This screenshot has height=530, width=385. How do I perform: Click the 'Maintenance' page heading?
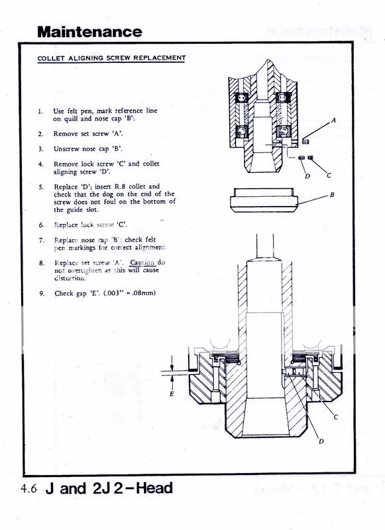(x=89, y=32)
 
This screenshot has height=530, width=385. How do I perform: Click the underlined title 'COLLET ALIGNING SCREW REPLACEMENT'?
(x=111, y=58)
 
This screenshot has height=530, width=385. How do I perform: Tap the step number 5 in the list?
(x=41, y=187)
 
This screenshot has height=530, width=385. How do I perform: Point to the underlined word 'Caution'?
(x=142, y=262)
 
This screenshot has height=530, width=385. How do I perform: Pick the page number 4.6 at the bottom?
(x=29, y=489)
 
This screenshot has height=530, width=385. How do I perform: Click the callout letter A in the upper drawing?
(x=333, y=120)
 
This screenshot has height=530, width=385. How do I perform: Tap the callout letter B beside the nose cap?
(x=332, y=195)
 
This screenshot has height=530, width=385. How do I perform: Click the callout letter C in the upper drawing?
(x=329, y=175)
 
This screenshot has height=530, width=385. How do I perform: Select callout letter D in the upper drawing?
(x=307, y=176)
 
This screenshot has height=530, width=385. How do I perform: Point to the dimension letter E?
(x=172, y=394)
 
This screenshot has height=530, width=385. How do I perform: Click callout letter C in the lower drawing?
(x=336, y=417)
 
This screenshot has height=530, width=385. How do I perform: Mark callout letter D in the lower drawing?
(x=321, y=441)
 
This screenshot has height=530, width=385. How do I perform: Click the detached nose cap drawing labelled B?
(x=264, y=200)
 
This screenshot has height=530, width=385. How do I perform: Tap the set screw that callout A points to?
(x=306, y=140)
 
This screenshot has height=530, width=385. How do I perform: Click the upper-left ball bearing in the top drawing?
(x=242, y=98)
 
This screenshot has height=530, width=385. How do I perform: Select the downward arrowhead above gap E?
(x=172, y=367)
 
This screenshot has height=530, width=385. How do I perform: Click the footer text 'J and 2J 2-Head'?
(x=109, y=488)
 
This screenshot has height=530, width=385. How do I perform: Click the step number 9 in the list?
(x=42, y=293)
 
